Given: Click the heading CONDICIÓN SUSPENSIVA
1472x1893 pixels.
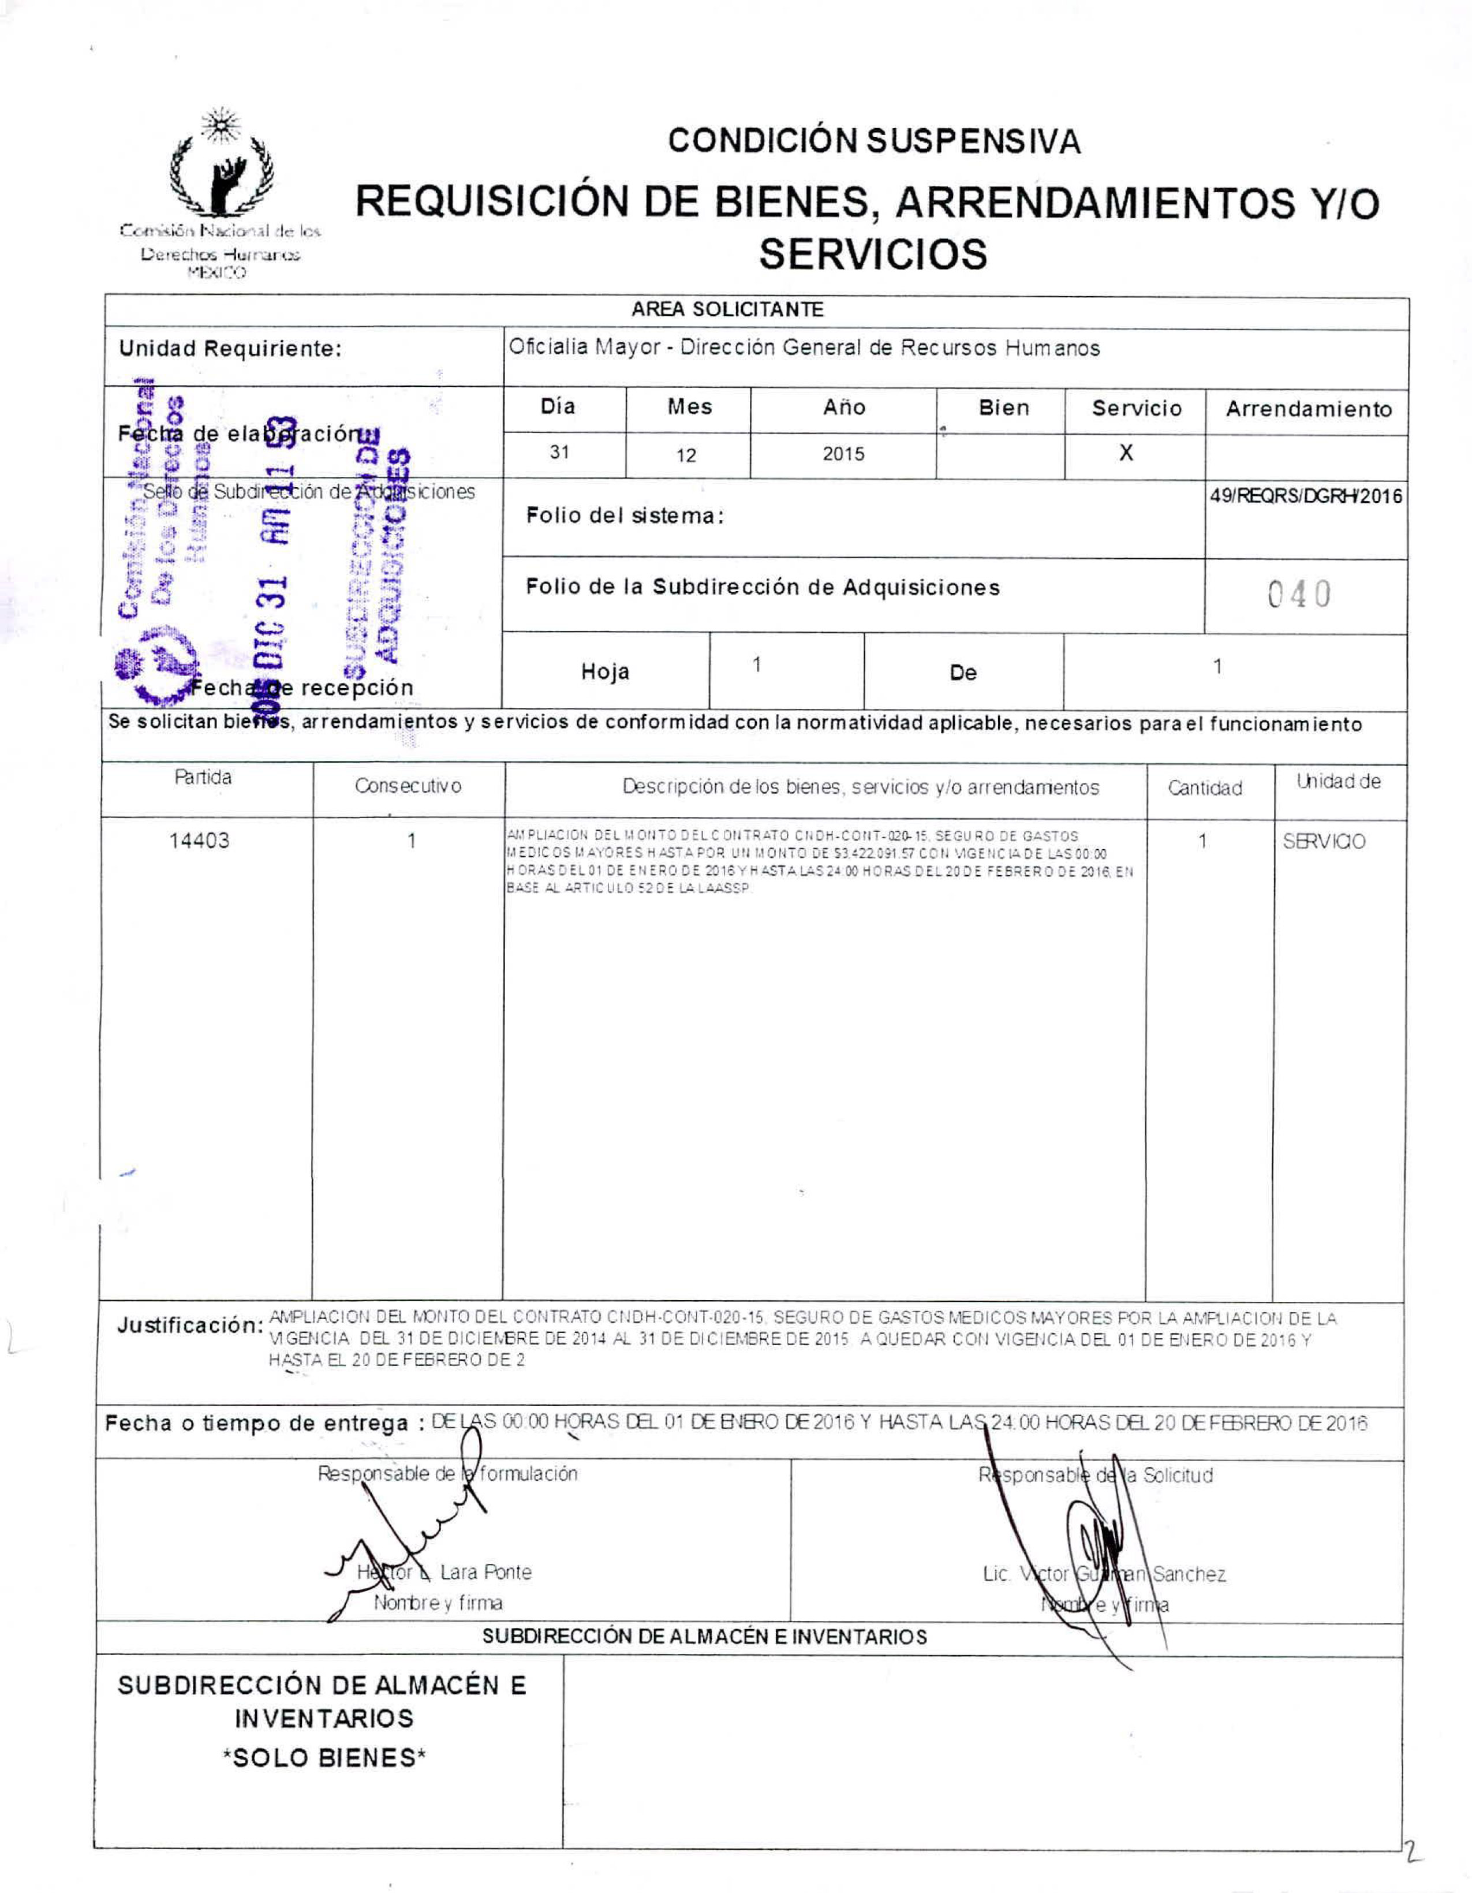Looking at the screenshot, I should (x=874, y=141).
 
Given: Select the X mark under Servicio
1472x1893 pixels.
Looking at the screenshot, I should (x=1126, y=453).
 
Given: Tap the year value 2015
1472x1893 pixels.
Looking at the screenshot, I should (x=843, y=453).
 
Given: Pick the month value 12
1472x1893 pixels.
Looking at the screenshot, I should (x=686, y=455).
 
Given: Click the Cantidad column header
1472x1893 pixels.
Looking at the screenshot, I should (x=1204, y=788).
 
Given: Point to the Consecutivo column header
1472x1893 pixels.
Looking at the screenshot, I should (x=408, y=786).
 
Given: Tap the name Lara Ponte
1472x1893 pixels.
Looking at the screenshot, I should (x=485, y=1572).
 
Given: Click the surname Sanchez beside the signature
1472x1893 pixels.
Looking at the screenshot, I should (x=1189, y=1574).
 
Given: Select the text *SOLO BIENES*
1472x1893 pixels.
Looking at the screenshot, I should (x=324, y=1758).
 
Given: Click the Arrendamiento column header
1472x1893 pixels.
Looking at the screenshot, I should (x=1308, y=409).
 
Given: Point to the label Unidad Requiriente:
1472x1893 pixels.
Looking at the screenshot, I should (x=230, y=349).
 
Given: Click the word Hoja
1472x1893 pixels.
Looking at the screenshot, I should (x=605, y=672).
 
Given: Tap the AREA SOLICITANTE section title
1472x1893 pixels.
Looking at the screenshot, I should (x=727, y=309).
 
